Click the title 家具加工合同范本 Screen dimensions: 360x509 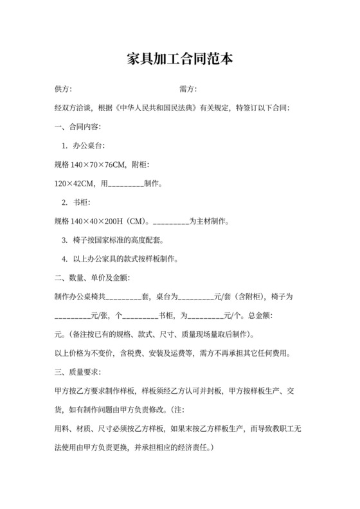179,60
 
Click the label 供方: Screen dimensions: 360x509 64,89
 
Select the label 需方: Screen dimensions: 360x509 188,89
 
